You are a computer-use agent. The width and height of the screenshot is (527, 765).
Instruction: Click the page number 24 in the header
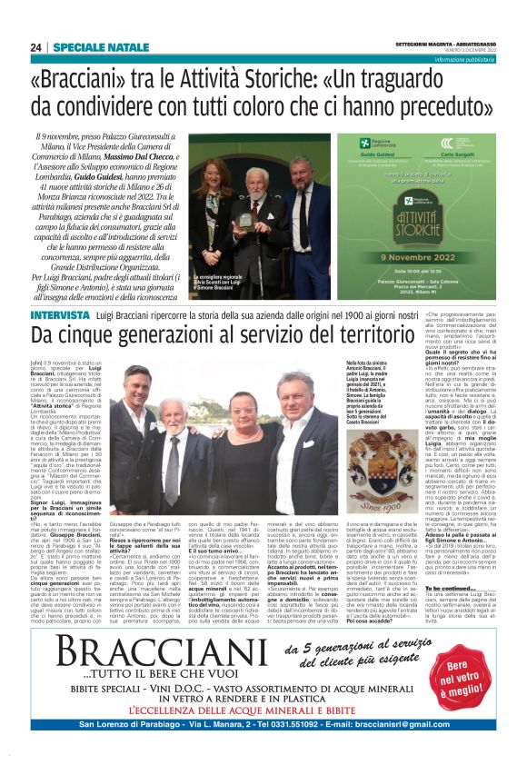(35, 48)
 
